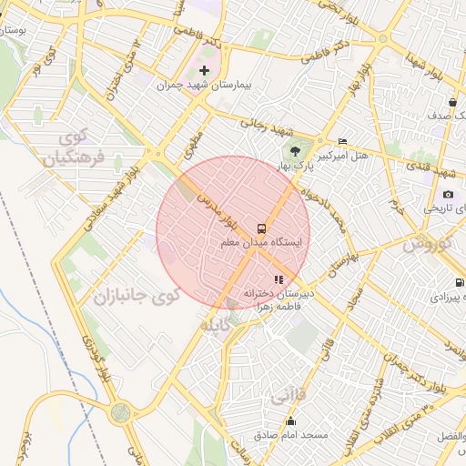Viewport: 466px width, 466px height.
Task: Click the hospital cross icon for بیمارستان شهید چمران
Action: pyautogui.click(x=204, y=70)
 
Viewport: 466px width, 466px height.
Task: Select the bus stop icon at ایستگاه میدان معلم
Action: pyautogui.click(x=262, y=228)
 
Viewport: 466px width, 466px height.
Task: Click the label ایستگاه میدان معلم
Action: pyautogui.click(x=265, y=244)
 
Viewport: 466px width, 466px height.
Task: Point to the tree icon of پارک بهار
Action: pyautogui.click(x=294, y=151)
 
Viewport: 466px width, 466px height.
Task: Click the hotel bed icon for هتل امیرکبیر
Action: pyautogui.click(x=342, y=141)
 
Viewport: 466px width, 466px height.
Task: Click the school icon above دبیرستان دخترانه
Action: pyautogui.click(x=279, y=279)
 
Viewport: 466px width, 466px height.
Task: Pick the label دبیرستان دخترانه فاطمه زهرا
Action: pyautogui.click(x=278, y=300)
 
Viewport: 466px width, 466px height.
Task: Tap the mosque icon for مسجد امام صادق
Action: pyautogui.click(x=291, y=420)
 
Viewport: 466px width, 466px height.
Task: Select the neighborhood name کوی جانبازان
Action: pyautogui.click(x=137, y=296)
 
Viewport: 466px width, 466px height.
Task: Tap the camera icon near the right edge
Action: pyautogui.click(x=449, y=195)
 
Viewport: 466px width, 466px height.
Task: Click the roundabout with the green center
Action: pyautogui.click(x=120, y=412)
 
